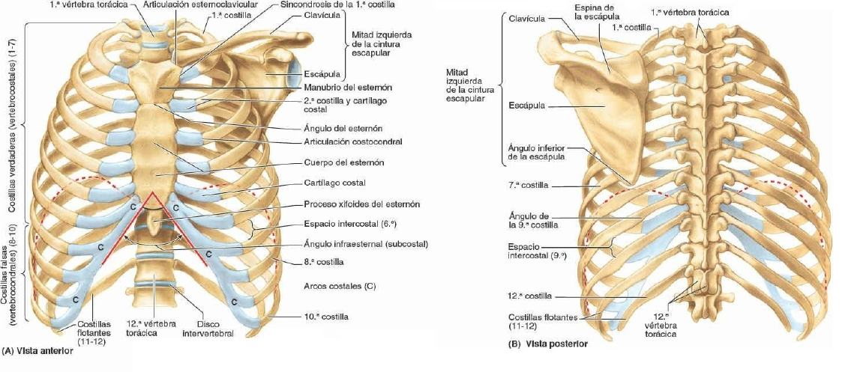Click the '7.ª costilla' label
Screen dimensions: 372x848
tap(528, 184)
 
